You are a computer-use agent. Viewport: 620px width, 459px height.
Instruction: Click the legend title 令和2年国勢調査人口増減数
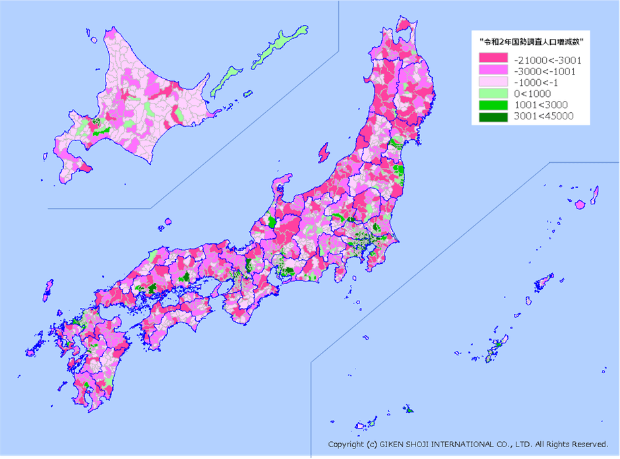[x=535, y=42]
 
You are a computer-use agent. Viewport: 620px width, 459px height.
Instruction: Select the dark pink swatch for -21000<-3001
[x=493, y=59]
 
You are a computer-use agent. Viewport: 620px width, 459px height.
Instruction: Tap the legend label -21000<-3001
[x=547, y=59]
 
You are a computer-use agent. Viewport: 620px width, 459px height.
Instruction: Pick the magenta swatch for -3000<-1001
[x=493, y=71]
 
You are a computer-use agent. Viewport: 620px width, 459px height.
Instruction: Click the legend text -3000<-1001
[x=544, y=71]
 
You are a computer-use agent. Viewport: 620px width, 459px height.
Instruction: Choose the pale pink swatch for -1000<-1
[x=493, y=82]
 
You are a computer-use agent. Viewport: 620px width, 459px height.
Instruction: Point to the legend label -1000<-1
[x=538, y=82]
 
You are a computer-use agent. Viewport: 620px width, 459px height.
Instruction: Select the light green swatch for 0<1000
[x=493, y=94]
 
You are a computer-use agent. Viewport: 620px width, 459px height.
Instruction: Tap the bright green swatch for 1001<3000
[x=493, y=105]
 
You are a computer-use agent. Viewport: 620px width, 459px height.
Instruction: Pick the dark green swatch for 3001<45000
[x=493, y=116]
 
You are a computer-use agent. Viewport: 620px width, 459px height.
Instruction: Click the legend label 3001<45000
[x=543, y=116]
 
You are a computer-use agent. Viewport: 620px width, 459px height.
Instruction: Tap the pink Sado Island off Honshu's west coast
[x=323, y=153]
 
